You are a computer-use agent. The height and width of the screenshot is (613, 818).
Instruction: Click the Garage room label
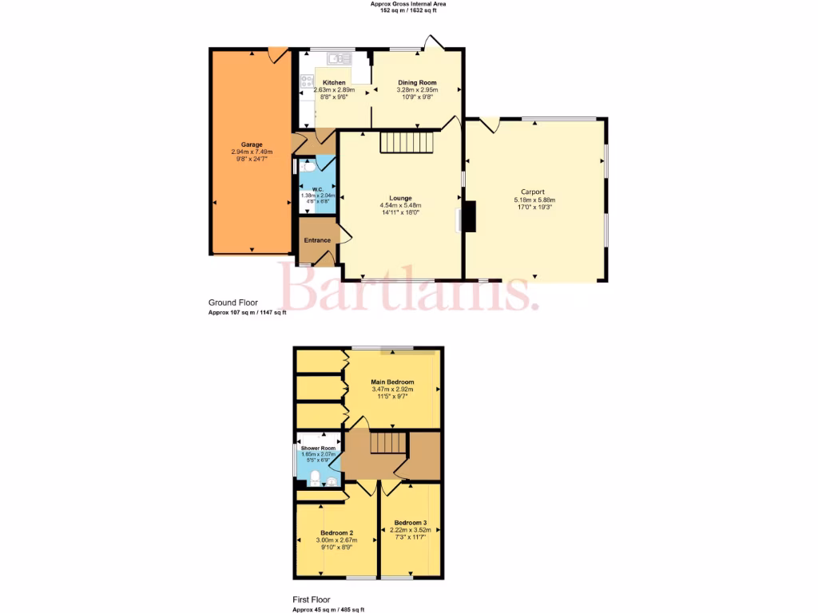coord(252,144)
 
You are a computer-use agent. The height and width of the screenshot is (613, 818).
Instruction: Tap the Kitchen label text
coord(334,83)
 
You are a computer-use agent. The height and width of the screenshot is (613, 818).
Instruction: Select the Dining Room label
coord(417,83)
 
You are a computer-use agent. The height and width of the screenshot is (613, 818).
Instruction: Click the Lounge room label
coord(400,198)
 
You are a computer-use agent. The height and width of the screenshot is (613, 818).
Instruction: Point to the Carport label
coord(533,192)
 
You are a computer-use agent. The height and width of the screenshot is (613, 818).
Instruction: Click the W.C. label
coord(317,189)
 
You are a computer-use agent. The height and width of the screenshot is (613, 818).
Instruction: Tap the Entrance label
coord(317,240)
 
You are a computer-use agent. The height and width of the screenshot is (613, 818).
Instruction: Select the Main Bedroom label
coord(392,382)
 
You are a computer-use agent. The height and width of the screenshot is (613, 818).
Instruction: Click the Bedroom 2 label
coord(336,532)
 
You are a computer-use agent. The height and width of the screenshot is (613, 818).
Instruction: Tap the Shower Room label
coord(316,449)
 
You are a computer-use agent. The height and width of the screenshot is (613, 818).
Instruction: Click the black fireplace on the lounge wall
coord(471,217)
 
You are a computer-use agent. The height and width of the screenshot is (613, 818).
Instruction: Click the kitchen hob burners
coord(306,81)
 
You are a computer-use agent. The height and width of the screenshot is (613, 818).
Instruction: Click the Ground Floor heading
coord(232,303)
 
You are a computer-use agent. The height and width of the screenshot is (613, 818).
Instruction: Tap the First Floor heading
coord(311,599)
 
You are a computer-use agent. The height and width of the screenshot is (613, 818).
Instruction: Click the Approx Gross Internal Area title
coord(408,4)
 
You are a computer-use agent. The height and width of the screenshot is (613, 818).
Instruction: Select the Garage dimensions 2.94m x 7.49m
coord(252,152)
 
